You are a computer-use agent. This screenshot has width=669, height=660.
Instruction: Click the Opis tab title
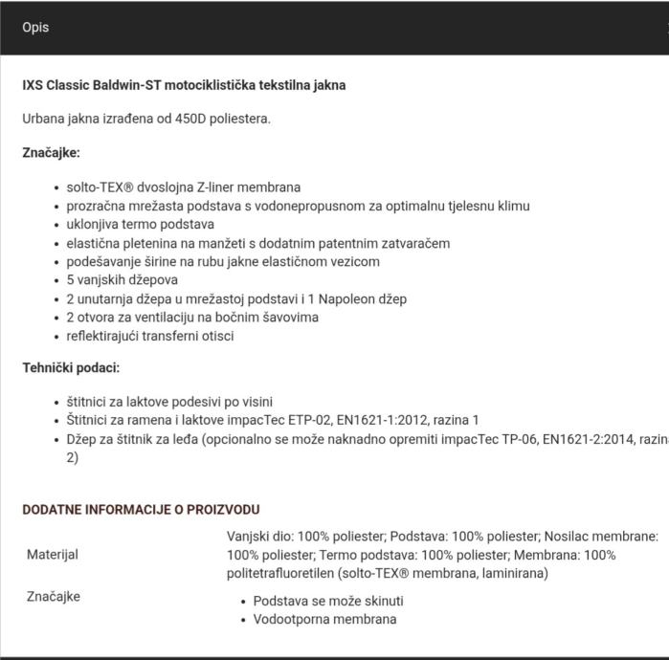point(35,27)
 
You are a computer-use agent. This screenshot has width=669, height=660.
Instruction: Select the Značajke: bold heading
point(51,152)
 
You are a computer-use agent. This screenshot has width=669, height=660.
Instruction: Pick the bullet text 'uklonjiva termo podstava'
point(140,224)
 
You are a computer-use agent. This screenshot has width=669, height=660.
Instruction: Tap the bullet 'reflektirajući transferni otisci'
point(150,336)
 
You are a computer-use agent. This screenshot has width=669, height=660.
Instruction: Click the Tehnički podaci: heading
point(71,367)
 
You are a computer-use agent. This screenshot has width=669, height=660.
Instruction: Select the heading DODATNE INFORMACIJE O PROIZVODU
point(141,510)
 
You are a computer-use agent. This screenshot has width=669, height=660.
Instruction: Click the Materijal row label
point(53,554)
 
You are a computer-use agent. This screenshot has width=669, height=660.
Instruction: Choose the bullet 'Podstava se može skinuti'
point(327,601)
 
